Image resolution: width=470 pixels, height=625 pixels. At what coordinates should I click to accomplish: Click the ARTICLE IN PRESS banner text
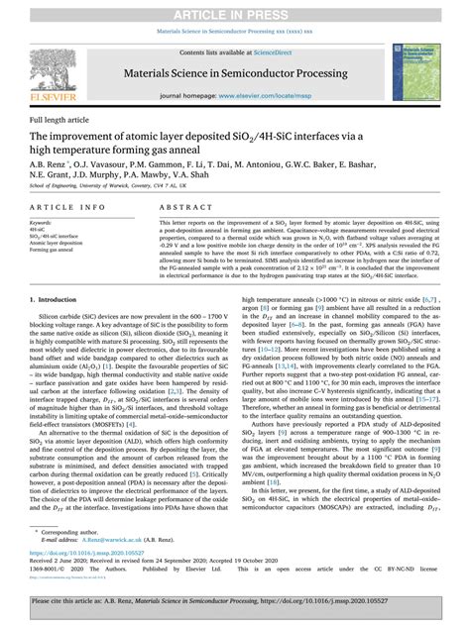(234, 9)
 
